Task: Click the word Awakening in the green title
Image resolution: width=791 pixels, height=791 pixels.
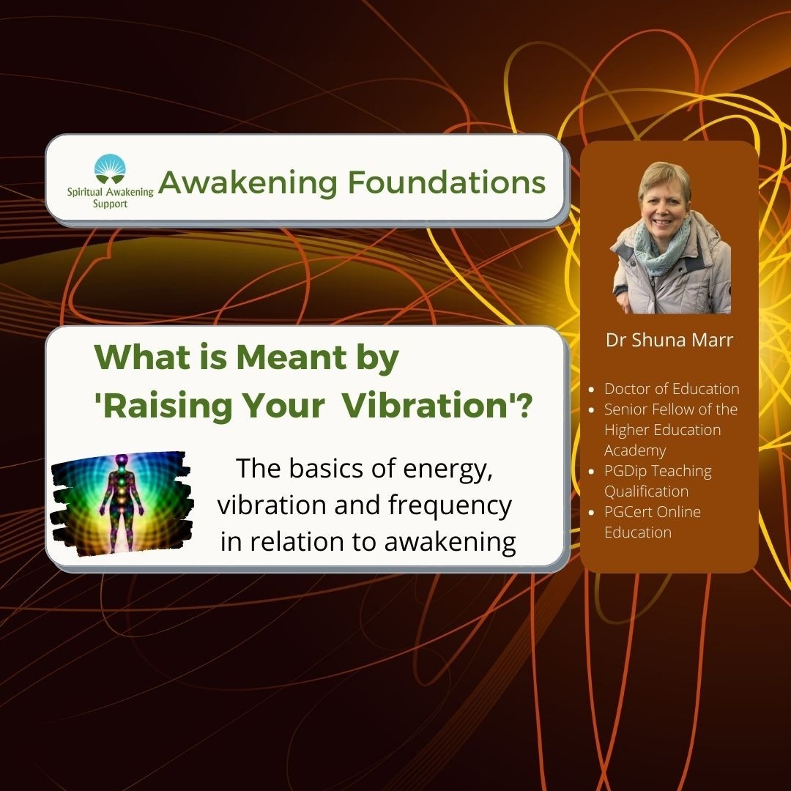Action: point(248,182)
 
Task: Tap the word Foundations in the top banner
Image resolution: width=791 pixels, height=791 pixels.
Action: point(447,182)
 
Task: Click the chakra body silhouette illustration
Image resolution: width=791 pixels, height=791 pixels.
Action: point(122,503)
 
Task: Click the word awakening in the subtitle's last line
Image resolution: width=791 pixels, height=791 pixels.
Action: point(450,542)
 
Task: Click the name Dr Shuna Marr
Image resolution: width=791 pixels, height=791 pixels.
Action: point(669,340)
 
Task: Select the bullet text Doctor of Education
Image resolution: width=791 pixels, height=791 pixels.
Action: point(672,389)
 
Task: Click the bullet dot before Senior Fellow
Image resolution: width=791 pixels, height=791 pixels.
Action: point(593,409)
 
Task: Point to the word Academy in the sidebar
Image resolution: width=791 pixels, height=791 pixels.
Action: point(635,450)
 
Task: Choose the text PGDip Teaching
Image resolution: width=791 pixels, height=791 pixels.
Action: point(658,471)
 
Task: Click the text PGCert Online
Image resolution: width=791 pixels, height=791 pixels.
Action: point(653,512)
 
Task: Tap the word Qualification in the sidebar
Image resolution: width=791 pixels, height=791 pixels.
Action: point(646,491)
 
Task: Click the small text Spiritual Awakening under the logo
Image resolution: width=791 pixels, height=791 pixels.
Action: point(110,192)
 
